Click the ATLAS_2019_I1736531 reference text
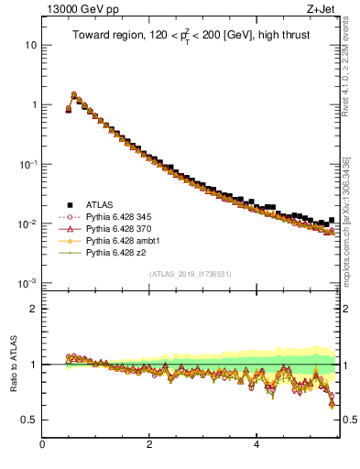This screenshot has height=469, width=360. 190,274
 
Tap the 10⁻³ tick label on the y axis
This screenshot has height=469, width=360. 27,283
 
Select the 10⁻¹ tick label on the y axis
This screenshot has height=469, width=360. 27,164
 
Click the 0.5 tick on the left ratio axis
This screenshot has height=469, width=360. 28,420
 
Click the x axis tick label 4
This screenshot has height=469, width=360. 256,446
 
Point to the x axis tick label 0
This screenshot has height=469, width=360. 42,446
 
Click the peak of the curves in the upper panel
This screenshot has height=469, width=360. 74,93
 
